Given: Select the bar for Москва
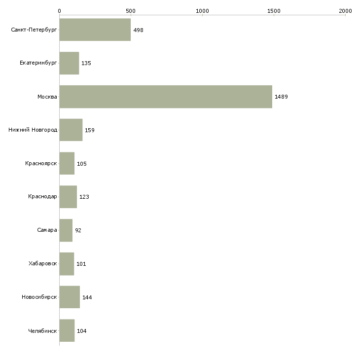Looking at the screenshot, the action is coord(166,97).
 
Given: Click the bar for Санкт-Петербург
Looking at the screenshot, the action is coord(95,30).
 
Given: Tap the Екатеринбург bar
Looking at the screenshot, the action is coord(69,63).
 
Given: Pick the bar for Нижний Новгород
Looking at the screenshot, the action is coord(71,130).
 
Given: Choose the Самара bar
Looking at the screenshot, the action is coord(66,230).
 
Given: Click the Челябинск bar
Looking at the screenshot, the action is coord(67,330).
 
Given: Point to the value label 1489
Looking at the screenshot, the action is coord(281,97).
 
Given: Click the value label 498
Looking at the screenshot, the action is coord(139,30).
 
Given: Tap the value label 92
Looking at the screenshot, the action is coord(78,230).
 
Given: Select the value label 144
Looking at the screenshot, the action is coord(87,297).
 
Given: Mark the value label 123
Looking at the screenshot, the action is coord(84,197).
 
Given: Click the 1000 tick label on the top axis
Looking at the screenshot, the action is coord(203,11).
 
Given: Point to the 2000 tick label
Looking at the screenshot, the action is coord(345,11).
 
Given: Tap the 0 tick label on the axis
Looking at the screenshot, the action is coord(60,11).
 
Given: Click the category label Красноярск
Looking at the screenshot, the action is coord(41,163).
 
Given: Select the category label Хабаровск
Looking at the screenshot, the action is coord(43,263).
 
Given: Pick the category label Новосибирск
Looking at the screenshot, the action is coord(39,297).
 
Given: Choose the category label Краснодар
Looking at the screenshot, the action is coord(42,197).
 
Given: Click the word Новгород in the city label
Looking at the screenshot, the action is coord(44,130).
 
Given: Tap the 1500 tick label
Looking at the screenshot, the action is coord(274,11).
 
